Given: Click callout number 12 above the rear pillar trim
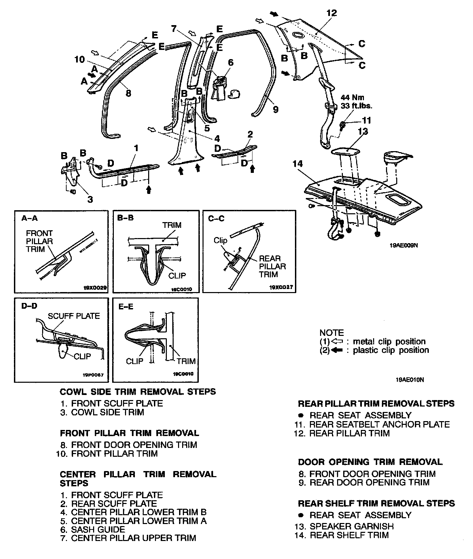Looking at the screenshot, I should (331, 13).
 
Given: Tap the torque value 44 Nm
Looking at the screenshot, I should (352, 98).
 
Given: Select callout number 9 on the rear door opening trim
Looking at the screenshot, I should (276, 109).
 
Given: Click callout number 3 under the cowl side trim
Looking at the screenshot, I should (90, 199).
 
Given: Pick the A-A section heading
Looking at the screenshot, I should (30, 218).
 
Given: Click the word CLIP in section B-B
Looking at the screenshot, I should (177, 275).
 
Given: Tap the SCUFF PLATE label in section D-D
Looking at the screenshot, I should (74, 316).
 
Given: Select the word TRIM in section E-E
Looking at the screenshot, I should (186, 361).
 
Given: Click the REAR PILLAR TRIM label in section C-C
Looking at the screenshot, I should (273, 266).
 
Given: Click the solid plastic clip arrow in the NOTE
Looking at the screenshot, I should (337, 350).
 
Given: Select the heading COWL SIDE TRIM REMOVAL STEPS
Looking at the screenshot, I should (138, 392).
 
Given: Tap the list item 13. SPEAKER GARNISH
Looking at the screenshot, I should (344, 526).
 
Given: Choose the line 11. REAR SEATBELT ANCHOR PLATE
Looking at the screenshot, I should (372, 424).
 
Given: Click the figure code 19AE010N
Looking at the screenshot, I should (409, 380).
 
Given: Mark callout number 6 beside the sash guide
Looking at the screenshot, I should (230, 62).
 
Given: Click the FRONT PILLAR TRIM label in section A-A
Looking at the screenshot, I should (39, 241).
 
